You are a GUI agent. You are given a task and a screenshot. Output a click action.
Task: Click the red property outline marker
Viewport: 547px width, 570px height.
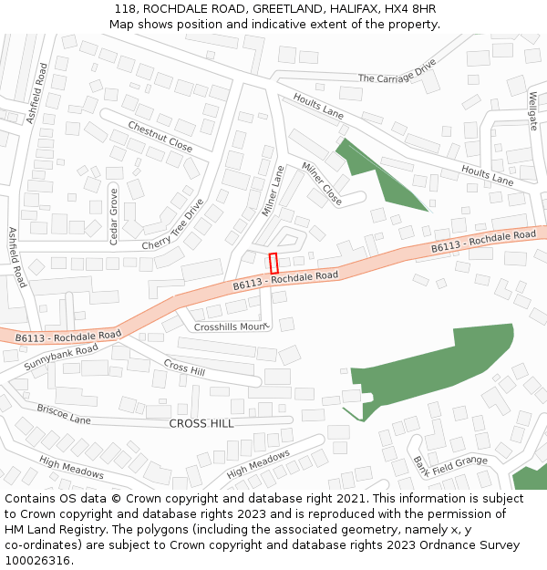[x=273, y=262]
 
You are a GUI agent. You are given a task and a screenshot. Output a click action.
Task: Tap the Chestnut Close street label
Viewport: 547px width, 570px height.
[x=160, y=137]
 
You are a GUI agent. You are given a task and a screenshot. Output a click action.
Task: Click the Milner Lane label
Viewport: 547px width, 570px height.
[x=273, y=191]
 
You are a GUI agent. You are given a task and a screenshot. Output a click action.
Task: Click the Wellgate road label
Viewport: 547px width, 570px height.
[x=533, y=110]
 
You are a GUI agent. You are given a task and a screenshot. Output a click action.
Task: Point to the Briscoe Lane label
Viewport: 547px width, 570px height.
[x=64, y=414]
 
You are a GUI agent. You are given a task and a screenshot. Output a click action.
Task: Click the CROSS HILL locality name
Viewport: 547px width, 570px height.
[x=201, y=423]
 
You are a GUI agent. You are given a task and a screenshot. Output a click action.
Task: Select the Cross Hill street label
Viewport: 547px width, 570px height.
[x=184, y=366]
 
